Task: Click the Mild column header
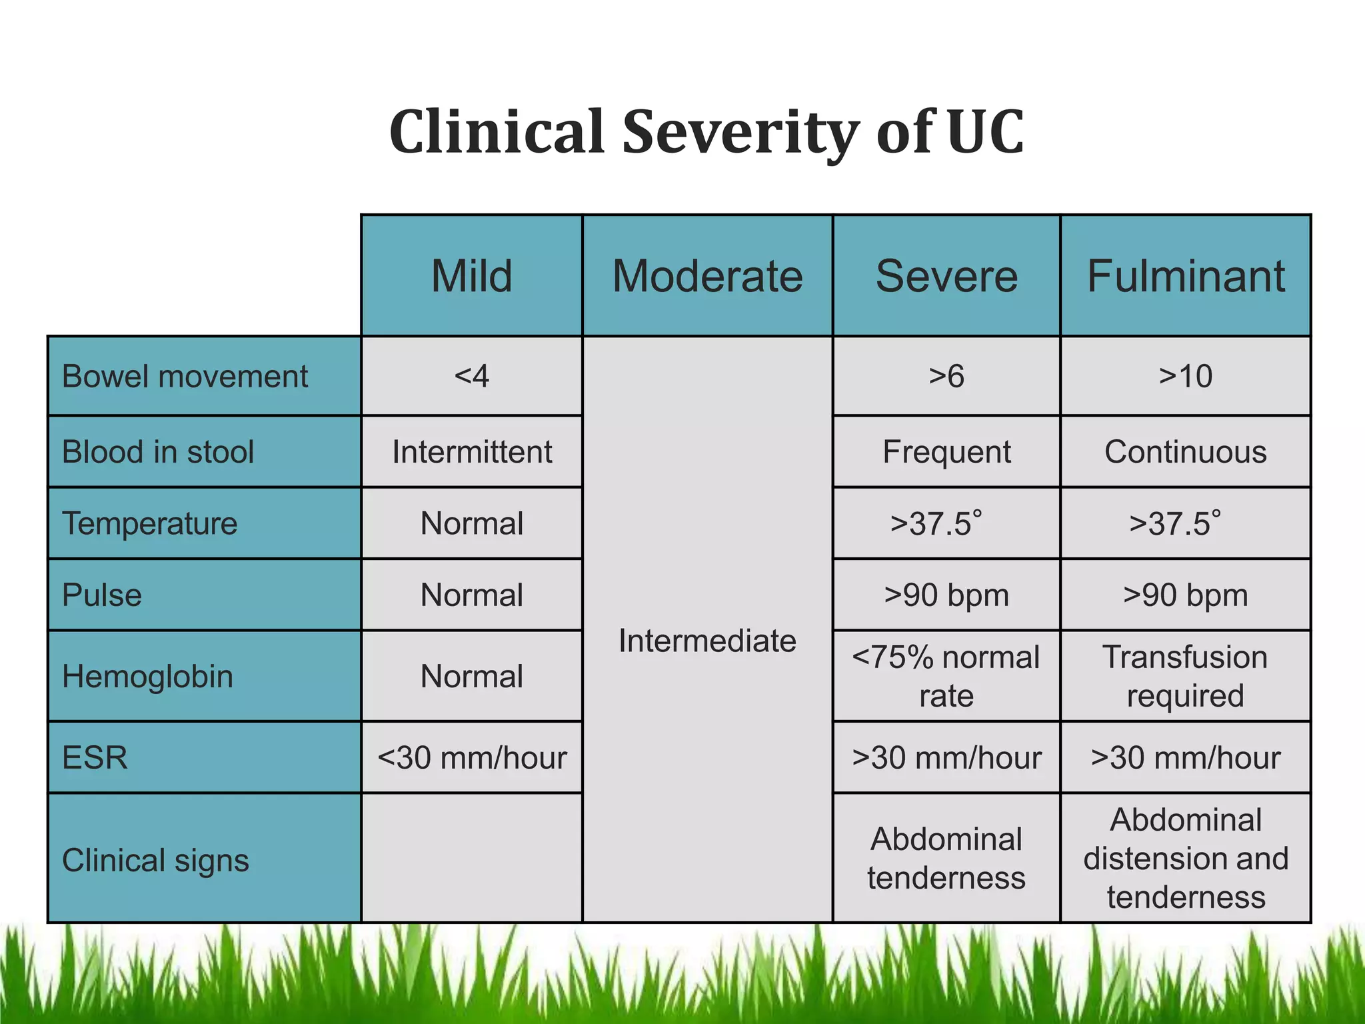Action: click(472, 276)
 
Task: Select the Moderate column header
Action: click(707, 276)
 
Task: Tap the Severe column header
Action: click(946, 276)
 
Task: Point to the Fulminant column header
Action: click(1186, 276)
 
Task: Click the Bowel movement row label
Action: click(185, 377)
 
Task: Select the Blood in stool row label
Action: click(158, 452)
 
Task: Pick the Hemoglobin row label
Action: click(147, 676)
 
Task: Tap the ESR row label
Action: click(95, 758)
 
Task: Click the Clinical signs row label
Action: click(155, 860)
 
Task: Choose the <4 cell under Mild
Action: click(472, 377)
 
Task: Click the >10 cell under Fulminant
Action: click(1186, 377)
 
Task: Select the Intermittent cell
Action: click(472, 452)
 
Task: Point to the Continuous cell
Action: click(1186, 452)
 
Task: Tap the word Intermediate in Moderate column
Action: click(707, 641)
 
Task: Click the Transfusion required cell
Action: click(1186, 676)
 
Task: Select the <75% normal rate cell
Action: click(946, 676)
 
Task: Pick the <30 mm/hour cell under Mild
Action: click(472, 758)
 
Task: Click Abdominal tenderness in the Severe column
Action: click(946, 858)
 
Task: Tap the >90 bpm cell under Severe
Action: click(946, 595)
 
